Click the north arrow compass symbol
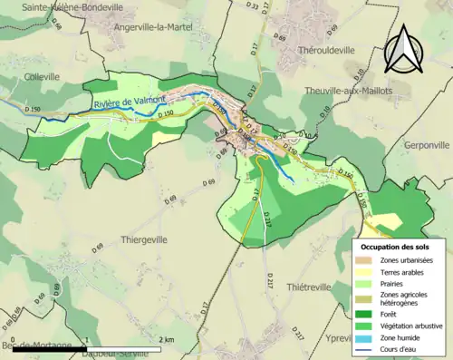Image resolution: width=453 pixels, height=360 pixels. click(407, 49)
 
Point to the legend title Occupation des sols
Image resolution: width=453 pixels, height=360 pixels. click(395, 247)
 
